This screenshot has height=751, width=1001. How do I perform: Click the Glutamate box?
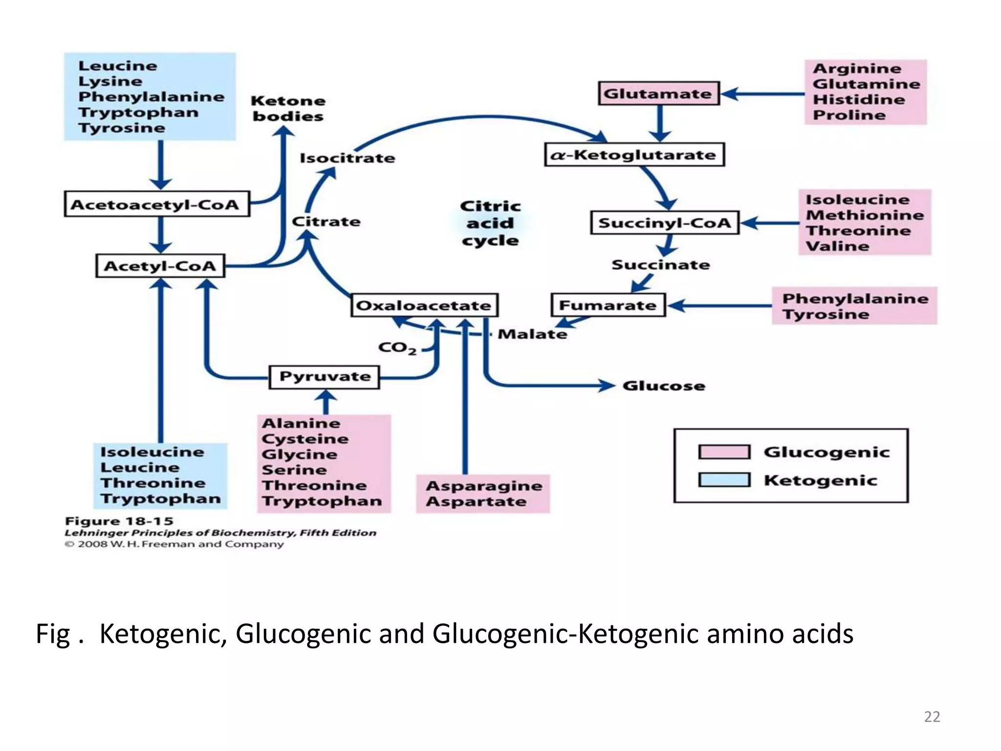pos(659,93)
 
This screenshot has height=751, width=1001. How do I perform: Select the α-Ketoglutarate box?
pos(634,155)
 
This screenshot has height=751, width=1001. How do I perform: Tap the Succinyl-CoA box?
pos(664,223)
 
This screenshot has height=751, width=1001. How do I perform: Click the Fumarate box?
pos(608,306)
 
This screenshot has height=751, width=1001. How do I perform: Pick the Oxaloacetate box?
pos(424,306)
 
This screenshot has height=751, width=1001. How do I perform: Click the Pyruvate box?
pos(324,377)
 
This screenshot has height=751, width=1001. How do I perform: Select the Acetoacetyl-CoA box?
pos(156,204)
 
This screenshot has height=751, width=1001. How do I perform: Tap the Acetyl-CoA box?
pos(160,266)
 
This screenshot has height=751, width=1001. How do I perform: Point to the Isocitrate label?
pos(347,158)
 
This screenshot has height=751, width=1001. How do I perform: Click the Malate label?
pos(532,334)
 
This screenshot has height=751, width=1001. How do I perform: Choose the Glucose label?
pos(663,386)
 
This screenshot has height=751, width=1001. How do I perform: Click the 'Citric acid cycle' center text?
pos(490,223)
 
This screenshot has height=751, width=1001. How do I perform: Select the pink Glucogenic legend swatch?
pos(724,452)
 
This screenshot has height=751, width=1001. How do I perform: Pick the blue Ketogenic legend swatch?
pos(724,480)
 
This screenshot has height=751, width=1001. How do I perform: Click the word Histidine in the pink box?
pos(859,100)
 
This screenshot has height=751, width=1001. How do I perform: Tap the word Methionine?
pos(865,215)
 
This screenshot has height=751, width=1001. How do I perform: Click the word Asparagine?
pos(484,486)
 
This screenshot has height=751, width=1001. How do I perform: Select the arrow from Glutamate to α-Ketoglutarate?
pos(660,122)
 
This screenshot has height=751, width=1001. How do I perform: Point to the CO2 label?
pos(397,348)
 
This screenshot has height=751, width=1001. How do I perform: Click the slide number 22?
pos(932,717)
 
